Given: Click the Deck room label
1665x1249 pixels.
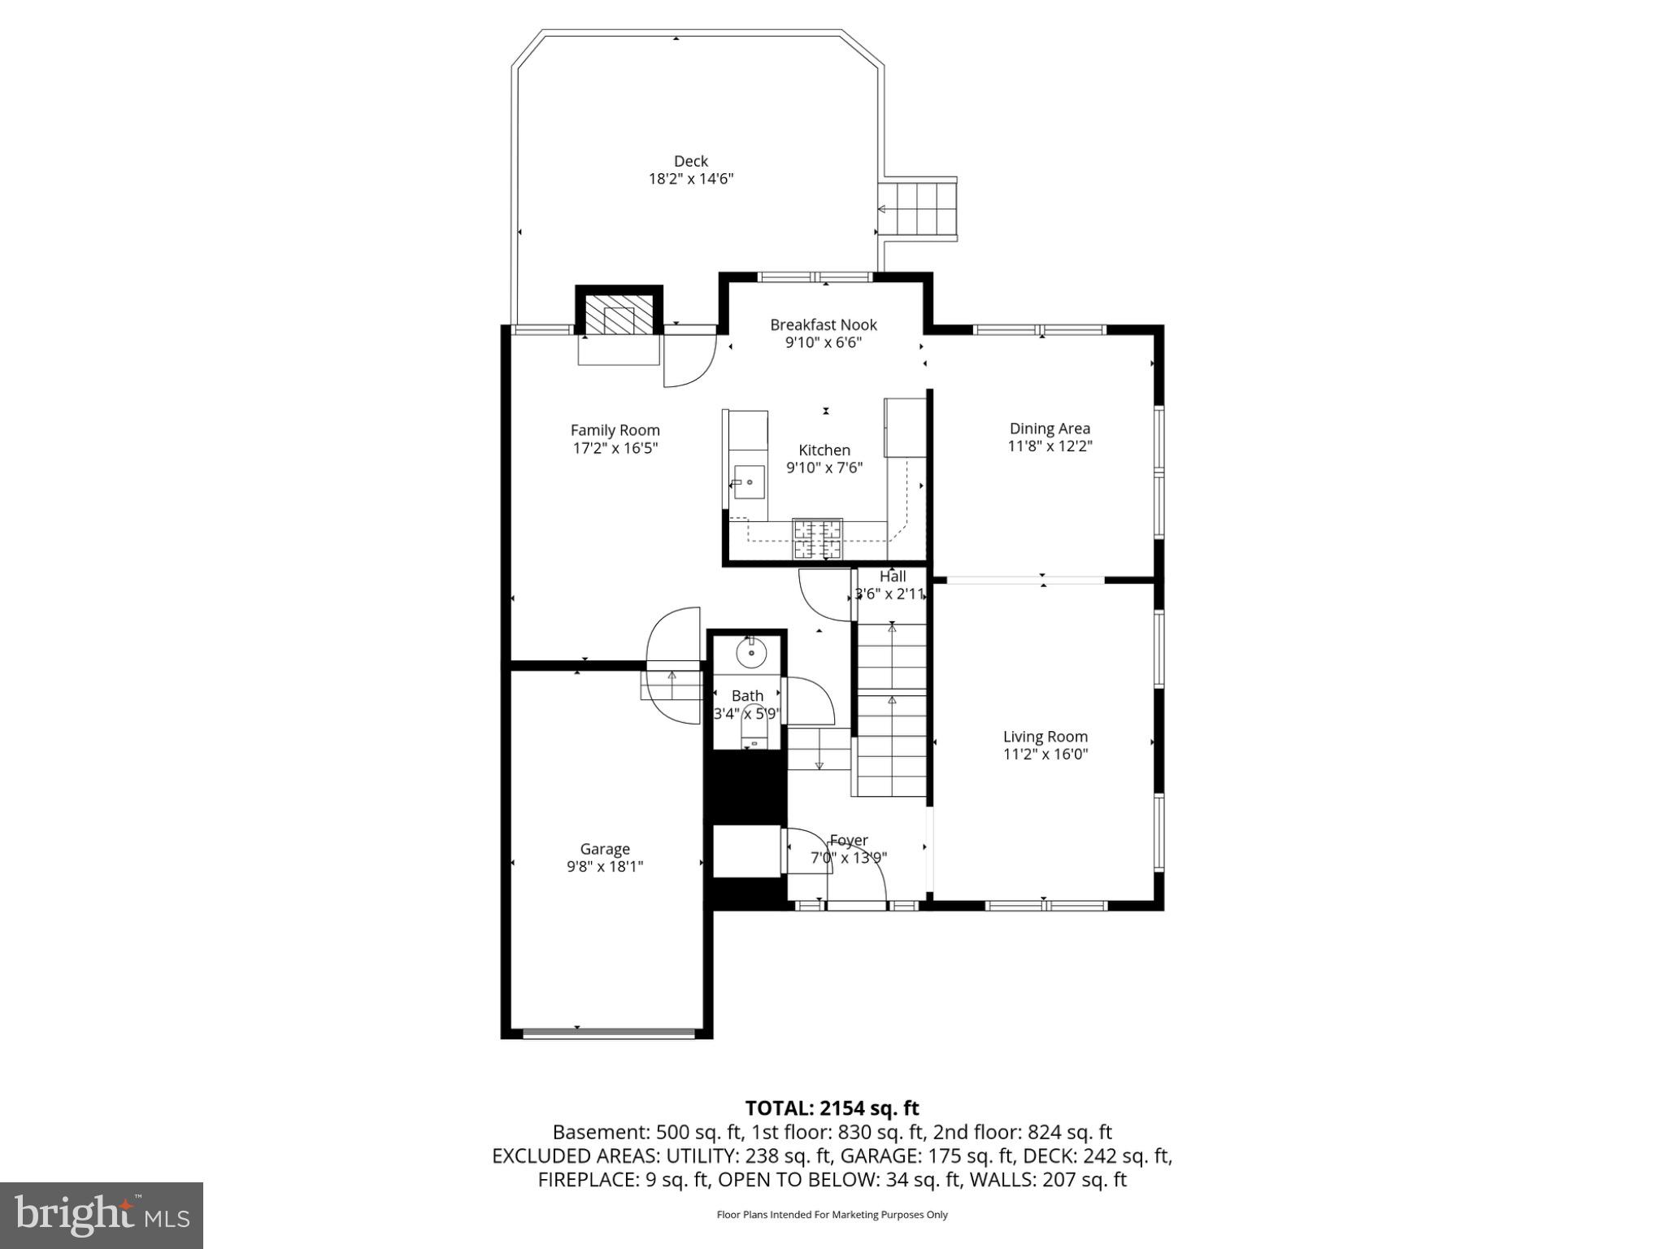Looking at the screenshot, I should (690, 161).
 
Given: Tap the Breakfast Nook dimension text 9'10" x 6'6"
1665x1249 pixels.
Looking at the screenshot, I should (823, 342).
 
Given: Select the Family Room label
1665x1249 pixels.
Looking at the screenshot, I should (615, 430).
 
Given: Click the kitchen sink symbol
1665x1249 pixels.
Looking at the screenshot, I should (749, 482).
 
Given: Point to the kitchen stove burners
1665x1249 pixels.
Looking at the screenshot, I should (818, 538).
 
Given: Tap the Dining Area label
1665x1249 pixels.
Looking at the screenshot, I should (1050, 429).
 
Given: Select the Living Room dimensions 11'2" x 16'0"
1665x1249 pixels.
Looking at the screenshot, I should (1045, 754).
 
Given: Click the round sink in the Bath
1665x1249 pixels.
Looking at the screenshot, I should (752, 652).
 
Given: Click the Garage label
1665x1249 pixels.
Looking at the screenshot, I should (605, 849).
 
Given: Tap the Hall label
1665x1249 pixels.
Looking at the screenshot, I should (892, 577).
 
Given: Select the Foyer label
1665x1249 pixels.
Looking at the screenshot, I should (849, 840).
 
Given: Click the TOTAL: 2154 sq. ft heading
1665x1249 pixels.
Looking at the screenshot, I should (832, 1108).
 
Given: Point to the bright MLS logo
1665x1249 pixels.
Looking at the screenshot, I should (102, 1215).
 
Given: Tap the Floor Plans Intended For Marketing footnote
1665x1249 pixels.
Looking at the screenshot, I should (832, 1215).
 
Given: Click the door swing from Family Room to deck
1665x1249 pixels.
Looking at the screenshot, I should (689, 360).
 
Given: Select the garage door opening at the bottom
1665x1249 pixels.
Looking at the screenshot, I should (608, 1034).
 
